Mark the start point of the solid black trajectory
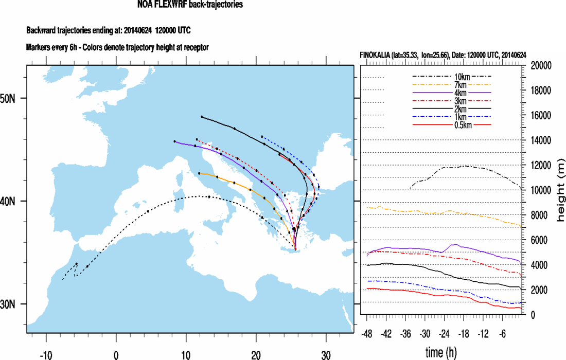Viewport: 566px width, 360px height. pyautogui.click(x=202, y=117)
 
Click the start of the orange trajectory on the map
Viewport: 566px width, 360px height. pyautogui.click(x=199, y=173)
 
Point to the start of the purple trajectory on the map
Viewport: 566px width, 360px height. pyautogui.click(x=174, y=141)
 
